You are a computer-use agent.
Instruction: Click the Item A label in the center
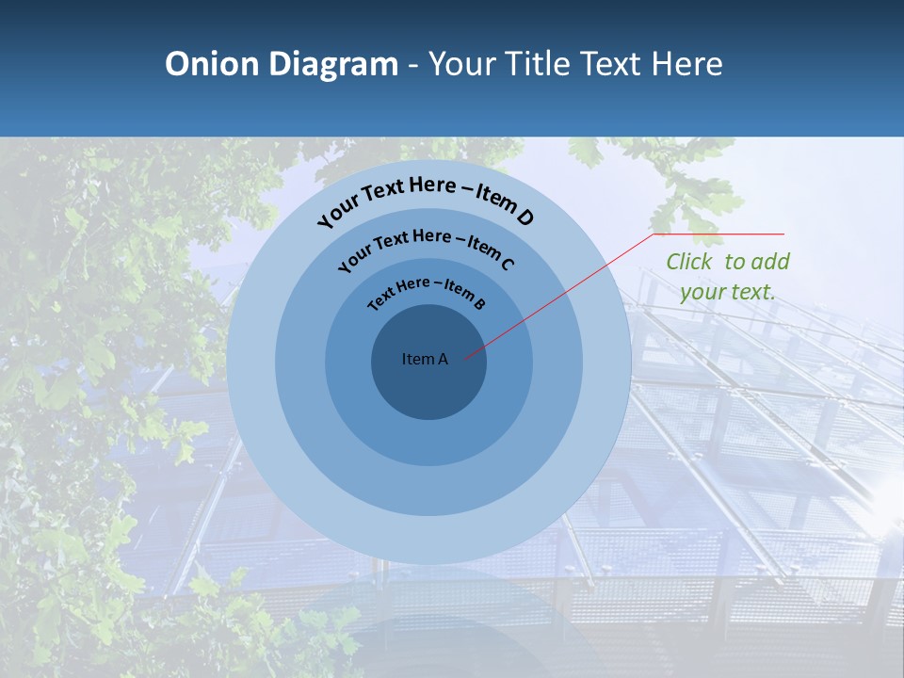click(x=425, y=359)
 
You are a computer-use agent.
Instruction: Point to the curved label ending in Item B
click(x=427, y=293)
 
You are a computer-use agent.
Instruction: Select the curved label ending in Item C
click(x=426, y=247)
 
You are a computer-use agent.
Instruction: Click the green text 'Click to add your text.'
click(x=728, y=277)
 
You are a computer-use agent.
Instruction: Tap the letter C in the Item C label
click(x=507, y=264)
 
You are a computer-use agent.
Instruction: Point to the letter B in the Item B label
click(x=479, y=303)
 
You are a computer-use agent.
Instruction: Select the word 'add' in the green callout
click(x=771, y=262)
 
